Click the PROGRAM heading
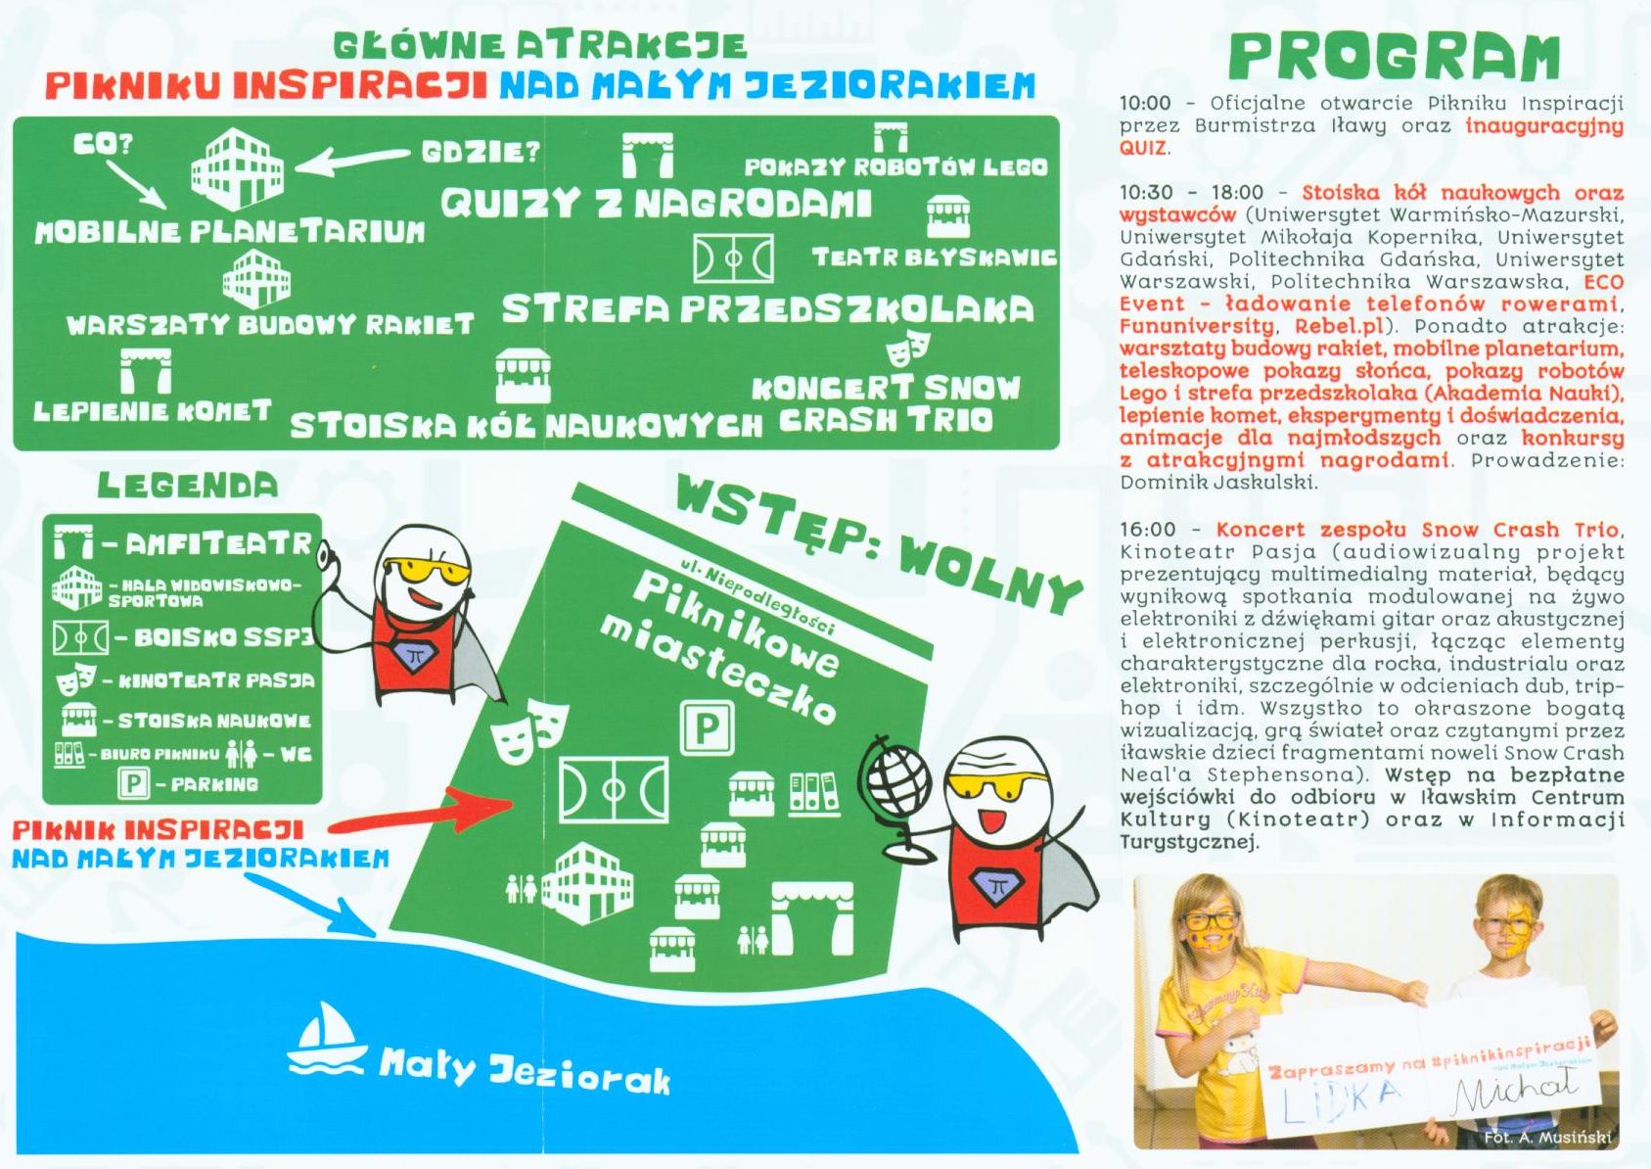tap(1394, 56)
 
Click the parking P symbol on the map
tap(707, 727)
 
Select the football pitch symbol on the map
tap(614, 789)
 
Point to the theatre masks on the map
tap(529, 730)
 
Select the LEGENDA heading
tap(188, 485)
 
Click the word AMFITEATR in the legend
tap(217, 544)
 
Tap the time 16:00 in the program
tap(1147, 530)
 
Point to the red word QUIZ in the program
tap(1143, 148)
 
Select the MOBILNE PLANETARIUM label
tap(231, 232)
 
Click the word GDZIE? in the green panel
tap(481, 153)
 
